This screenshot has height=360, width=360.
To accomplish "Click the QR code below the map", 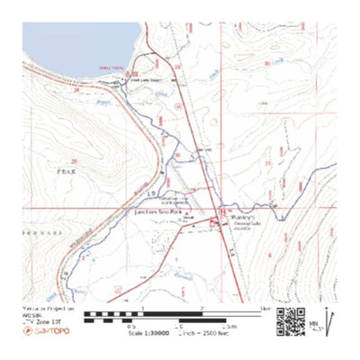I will [x=290, y=320].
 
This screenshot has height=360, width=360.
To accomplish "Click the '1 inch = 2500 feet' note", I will [x=204, y=332].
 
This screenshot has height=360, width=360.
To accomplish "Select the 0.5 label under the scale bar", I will [x=131, y=326].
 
